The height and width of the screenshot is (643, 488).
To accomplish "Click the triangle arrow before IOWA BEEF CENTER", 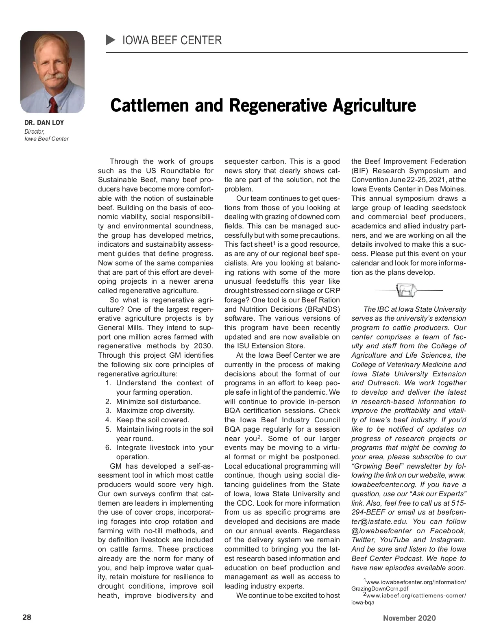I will [x=111, y=40].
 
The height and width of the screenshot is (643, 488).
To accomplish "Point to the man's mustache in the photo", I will [x=54, y=76].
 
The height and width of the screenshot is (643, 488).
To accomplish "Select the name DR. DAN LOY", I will [x=44, y=122].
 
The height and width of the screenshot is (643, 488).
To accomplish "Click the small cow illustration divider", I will [x=407, y=290].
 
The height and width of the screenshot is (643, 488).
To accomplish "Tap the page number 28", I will [x=26, y=617].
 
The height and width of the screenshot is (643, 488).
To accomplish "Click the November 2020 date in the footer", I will [x=409, y=618].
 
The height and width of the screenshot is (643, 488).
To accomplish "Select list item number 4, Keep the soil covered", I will [x=152, y=420].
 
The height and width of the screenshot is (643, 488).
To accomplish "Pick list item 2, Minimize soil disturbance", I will [x=158, y=402].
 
